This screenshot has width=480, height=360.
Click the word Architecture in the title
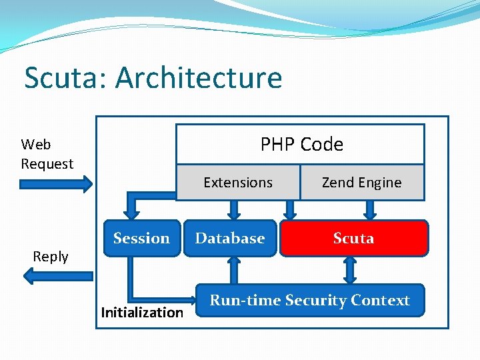(x=199, y=78)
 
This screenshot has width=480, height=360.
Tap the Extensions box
(x=238, y=183)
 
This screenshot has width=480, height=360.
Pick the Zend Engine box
(x=361, y=183)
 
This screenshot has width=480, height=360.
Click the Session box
(x=141, y=238)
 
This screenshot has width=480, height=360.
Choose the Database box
(x=230, y=238)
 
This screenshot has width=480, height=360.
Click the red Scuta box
(x=353, y=238)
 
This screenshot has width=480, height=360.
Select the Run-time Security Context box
(x=309, y=301)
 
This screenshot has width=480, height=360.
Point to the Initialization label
(x=142, y=312)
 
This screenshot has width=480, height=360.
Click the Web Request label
(x=47, y=154)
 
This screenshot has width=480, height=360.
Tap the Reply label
(x=51, y=257)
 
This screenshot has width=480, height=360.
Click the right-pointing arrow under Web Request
(x=57, y=184)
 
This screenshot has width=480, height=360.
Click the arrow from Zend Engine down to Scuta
(x=371, y=209)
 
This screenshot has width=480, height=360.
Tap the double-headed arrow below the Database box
(x=234, y=270)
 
